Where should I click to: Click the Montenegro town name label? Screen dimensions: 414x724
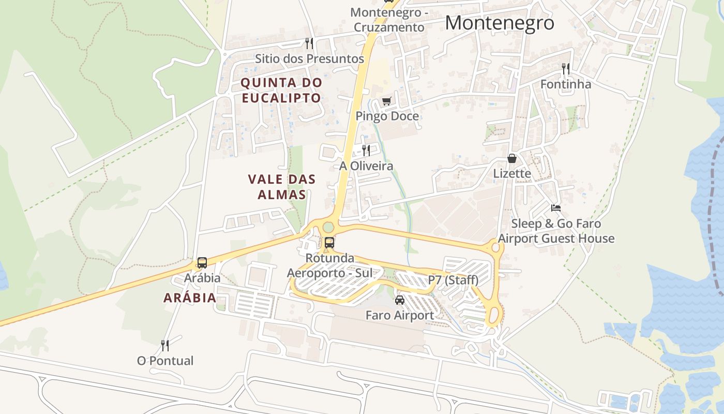point(499,23)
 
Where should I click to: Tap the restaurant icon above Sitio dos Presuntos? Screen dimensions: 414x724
point(309,43)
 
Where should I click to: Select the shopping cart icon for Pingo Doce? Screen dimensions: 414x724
point(386,101)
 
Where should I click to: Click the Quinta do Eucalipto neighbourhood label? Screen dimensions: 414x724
point(281,90)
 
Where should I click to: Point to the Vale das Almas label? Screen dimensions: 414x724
point(281,187)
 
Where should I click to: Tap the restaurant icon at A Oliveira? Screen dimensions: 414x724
point(366,151)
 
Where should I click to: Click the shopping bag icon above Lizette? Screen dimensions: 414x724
point(512,158)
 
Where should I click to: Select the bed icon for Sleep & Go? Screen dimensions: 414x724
point(556,208)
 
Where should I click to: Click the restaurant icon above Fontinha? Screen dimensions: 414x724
point(566,68)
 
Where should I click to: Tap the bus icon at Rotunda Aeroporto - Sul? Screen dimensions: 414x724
point(329,242)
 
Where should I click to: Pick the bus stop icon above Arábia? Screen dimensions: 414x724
point(202,263)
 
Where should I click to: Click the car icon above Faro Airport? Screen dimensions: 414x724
point(399,300)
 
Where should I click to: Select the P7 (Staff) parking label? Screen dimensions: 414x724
point(453,280)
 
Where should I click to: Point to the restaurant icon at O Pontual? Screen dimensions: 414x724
point(165,345)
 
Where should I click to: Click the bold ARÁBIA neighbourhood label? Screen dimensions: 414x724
point(190,298)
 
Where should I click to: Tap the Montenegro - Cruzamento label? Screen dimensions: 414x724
point(387,20)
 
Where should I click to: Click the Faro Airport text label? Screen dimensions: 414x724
point(399,315)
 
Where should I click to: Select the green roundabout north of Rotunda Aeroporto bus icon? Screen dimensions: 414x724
point(328,227)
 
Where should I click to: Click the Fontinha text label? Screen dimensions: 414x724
point(566,84)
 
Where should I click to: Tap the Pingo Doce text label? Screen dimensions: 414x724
point(387,116)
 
